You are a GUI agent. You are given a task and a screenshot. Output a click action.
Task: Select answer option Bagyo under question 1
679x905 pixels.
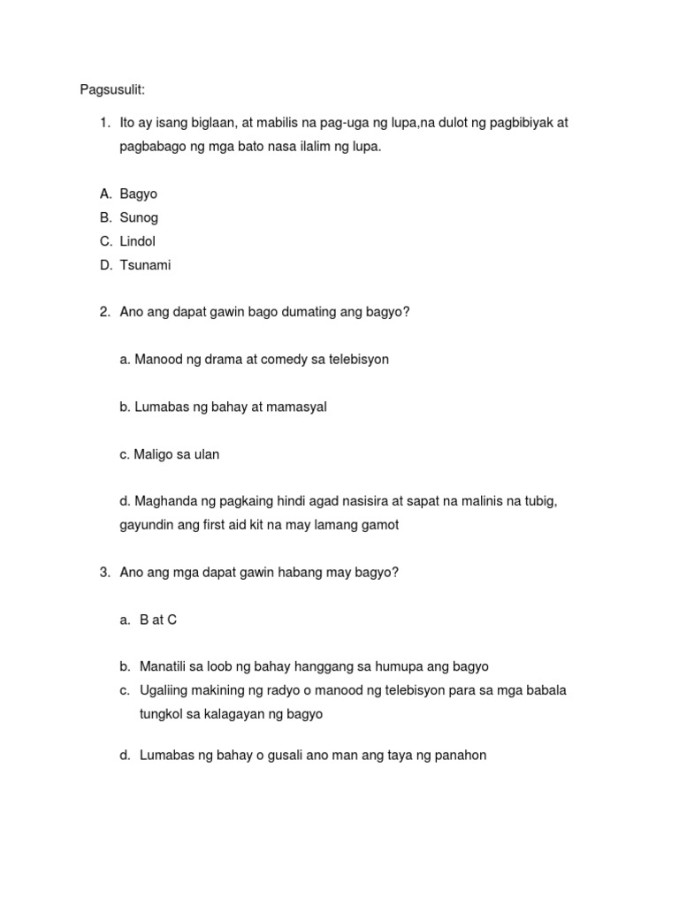pyautogui.click(x=138, y=194)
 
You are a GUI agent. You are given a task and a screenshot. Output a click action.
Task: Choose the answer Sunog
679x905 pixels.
pyautogui.click(x=139, y=217)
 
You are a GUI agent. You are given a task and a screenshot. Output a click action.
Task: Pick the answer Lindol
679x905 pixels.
pyautogui.click(x=137, y=241)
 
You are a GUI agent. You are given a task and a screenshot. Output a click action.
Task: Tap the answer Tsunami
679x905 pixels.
pyautogui.click(x=145, y=265)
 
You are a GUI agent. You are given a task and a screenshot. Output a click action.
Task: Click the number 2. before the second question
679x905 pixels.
pyautogui.click(x=105, y=312)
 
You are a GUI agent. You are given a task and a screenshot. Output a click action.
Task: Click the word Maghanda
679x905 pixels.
pyautogui.click(x=164, y=501)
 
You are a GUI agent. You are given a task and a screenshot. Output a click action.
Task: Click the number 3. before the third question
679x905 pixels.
pyautogui.click(x=105, y=573)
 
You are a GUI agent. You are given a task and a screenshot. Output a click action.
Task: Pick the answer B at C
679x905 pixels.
pyautogui.click(x=158, y=620)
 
